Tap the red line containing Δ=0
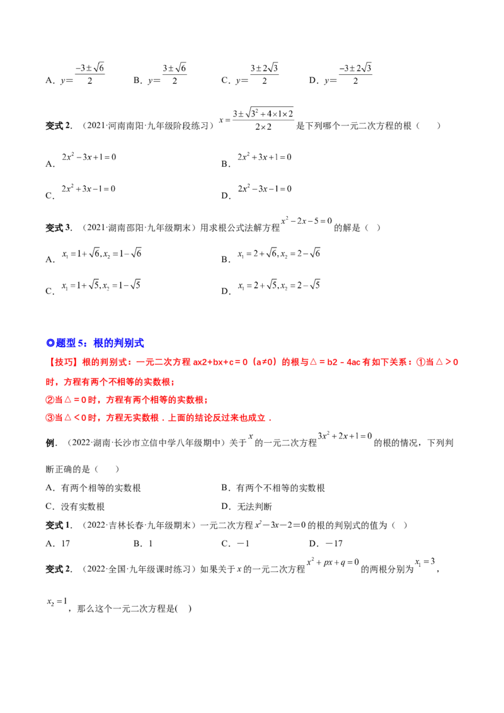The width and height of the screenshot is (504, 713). tap(126, 399)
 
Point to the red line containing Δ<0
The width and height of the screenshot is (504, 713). tap(157, 417)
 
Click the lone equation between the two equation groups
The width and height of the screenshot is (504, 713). tap(306, 221)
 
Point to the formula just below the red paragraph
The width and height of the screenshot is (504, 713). tap(345, 436)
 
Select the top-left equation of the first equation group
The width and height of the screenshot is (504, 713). tap(89, 156)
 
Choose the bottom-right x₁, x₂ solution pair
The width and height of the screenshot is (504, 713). tap(280, 285)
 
